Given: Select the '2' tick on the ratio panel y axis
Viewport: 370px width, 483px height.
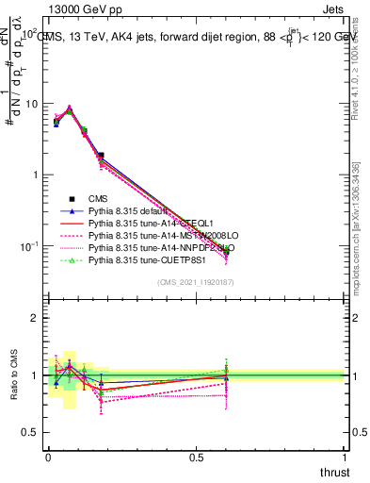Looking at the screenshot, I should point(36,318).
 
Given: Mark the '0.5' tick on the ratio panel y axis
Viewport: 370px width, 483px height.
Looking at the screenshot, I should point(32,432).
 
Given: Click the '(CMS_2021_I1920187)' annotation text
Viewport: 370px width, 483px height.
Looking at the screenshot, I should point(196,283).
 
